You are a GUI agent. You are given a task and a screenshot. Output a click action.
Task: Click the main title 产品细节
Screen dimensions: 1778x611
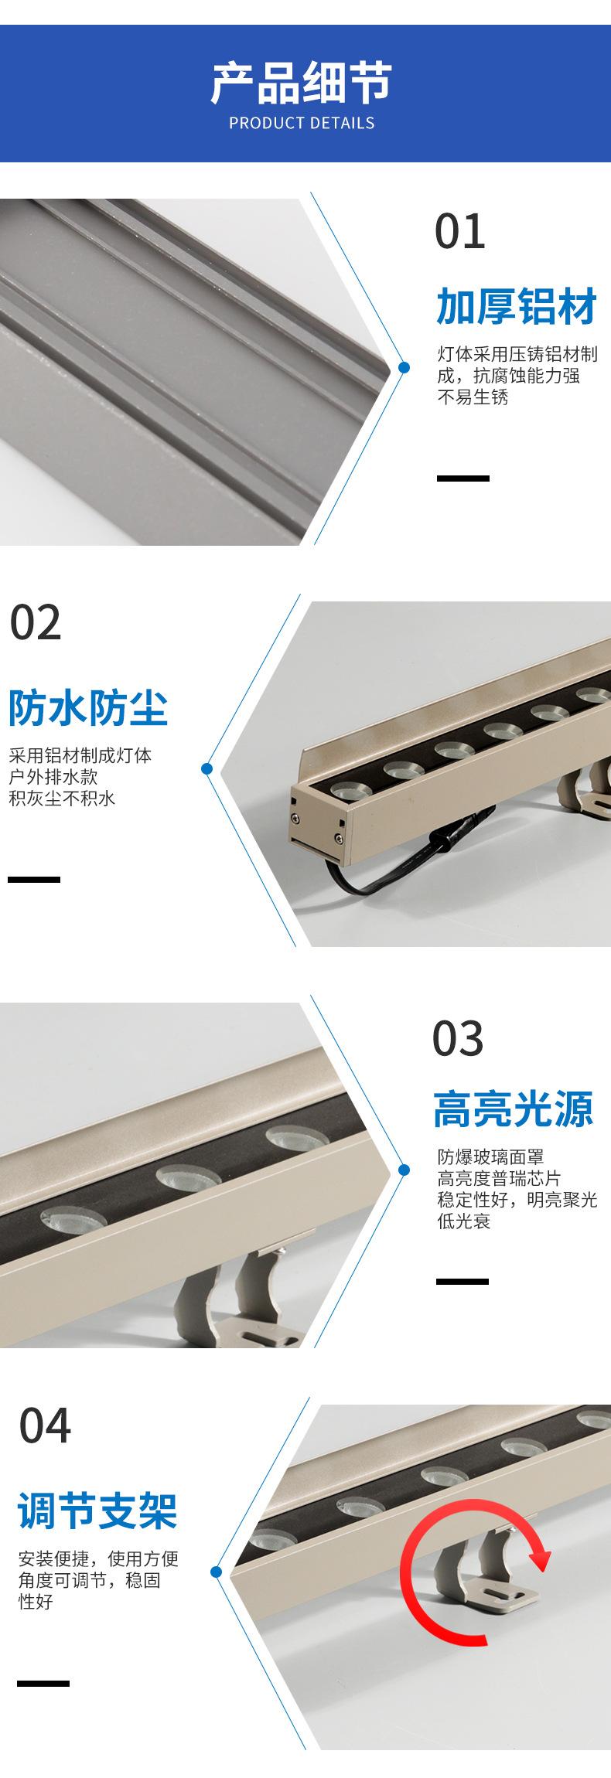point(302,83)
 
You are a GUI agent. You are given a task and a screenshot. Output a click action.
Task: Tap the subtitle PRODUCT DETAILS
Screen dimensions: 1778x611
point(302,123)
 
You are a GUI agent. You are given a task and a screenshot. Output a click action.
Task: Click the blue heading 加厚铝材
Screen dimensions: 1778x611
point(516,305)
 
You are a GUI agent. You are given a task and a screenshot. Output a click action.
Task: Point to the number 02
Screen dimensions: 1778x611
point(36,623)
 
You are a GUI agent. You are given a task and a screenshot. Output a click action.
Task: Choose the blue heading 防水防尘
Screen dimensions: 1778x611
point(88,707)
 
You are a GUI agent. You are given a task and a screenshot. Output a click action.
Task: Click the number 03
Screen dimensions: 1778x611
point(458,1038)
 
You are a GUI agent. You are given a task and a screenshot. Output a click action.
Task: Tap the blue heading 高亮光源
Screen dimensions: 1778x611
point(514,1109)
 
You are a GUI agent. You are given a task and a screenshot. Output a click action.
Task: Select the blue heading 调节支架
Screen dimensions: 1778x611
point(98,1511)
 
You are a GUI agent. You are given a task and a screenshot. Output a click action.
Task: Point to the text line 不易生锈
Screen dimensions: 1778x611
point(473,398)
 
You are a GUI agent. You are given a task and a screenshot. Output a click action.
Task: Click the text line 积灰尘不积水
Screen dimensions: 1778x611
point(62,799)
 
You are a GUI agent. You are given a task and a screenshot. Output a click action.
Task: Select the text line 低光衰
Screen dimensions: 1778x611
point(464,1222)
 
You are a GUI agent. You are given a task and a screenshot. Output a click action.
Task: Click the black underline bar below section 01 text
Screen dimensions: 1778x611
point(463,479)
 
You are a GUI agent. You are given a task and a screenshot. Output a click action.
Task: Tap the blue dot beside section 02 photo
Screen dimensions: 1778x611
point(207,768)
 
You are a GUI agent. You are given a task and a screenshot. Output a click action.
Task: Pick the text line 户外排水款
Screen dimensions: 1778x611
point(53,777)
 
